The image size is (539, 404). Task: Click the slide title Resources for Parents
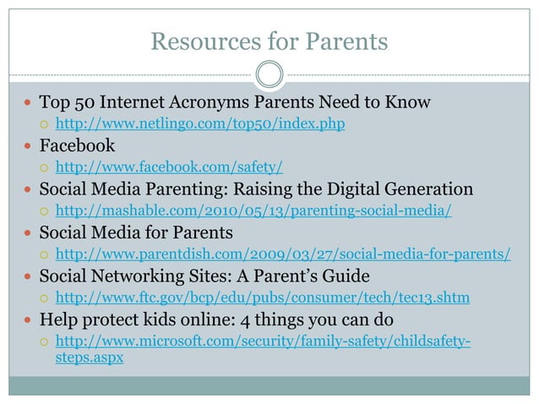pos(269,41)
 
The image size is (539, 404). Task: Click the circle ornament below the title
pos(269,75)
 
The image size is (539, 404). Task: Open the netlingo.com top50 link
pos(199,124)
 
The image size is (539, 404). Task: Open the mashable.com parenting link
pos(253,210)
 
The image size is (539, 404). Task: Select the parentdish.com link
pos(282,254)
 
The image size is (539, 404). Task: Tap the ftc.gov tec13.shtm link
pos(263,298)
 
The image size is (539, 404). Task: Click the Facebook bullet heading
pos(77,146)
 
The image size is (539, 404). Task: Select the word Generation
pos(427,189)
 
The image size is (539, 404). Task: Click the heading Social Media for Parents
pos(136,232)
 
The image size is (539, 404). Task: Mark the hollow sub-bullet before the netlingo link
pos(45,125)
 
